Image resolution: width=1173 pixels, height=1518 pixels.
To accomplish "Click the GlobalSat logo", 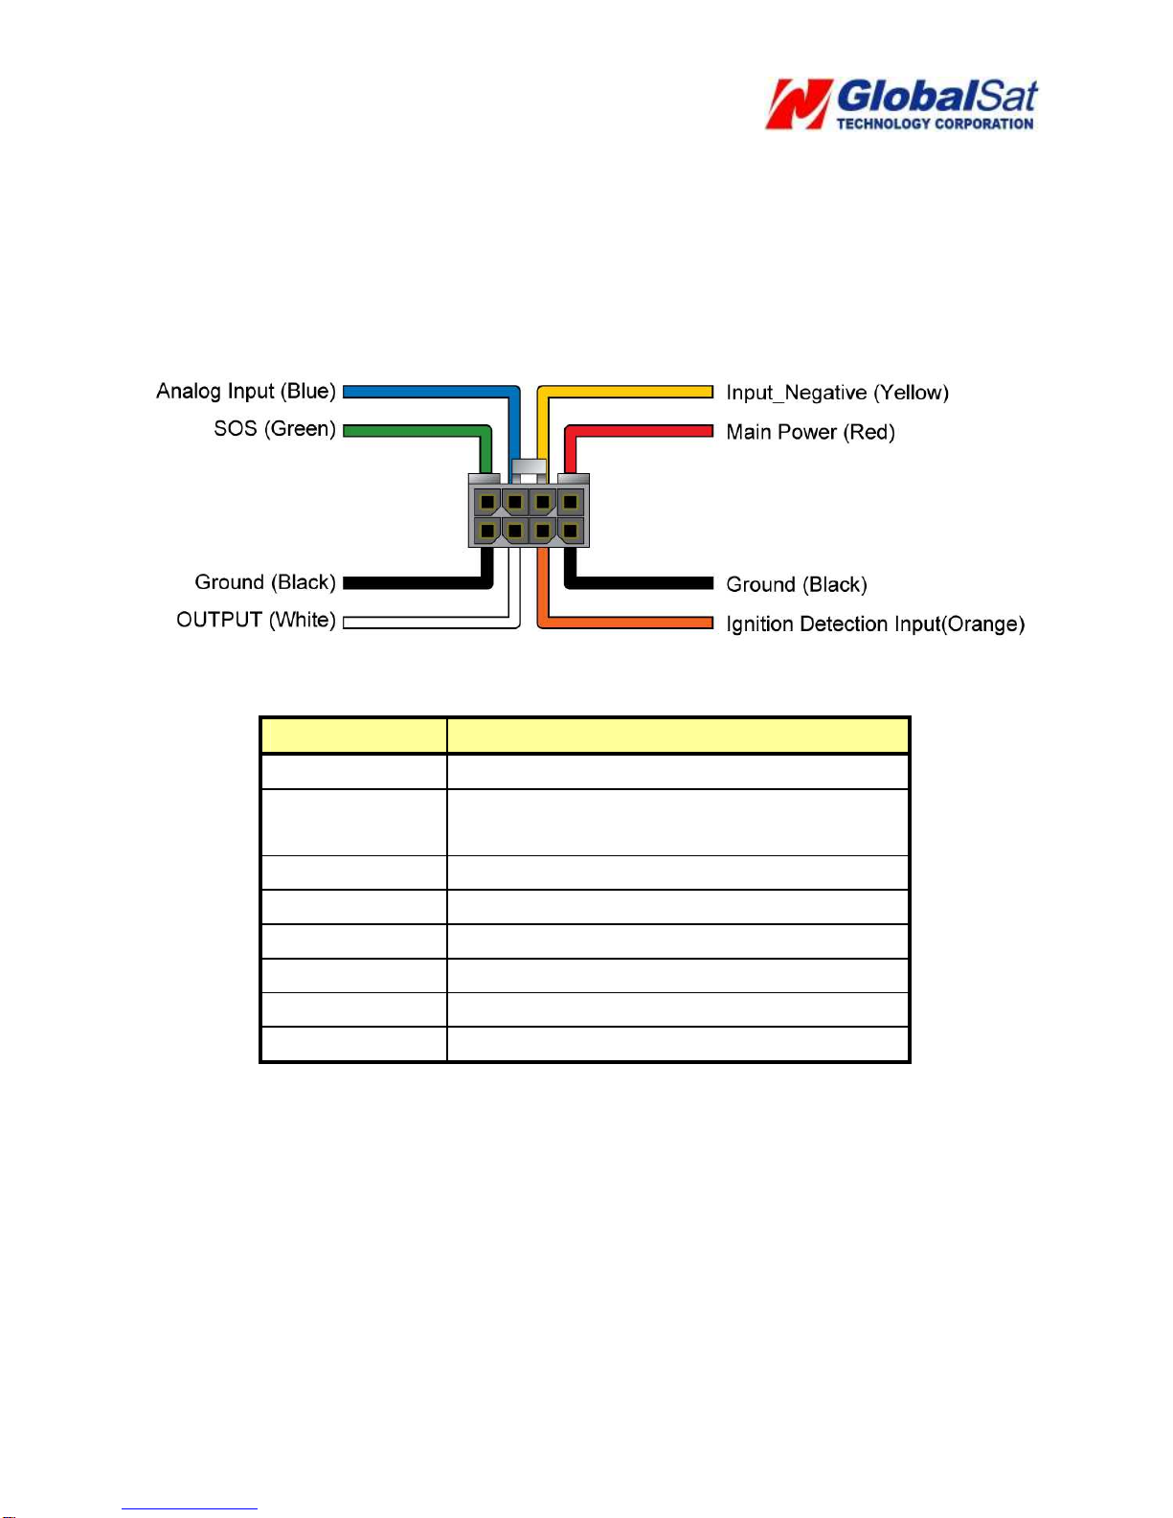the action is point(901,104).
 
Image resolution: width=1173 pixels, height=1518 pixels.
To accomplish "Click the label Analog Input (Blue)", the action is point(246,391).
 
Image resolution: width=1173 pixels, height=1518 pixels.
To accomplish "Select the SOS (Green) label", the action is point(275,429).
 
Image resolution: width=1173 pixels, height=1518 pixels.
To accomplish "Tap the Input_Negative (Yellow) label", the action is point(837,393).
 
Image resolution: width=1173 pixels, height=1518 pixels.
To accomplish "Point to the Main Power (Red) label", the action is point(810,432).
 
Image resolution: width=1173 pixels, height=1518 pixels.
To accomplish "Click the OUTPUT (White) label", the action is point(256,621).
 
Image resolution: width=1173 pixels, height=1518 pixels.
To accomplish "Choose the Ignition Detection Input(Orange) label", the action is point(875,623).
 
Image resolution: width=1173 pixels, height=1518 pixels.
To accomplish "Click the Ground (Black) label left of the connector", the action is point(264,582).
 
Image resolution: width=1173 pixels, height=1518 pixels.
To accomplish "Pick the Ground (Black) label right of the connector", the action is point(797,585).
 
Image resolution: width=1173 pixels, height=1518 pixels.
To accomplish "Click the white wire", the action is point(433,623).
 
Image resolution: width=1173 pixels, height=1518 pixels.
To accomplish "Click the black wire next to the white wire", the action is point(419,582).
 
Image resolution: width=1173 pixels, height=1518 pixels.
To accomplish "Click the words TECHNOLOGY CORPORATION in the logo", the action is point(935,124).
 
